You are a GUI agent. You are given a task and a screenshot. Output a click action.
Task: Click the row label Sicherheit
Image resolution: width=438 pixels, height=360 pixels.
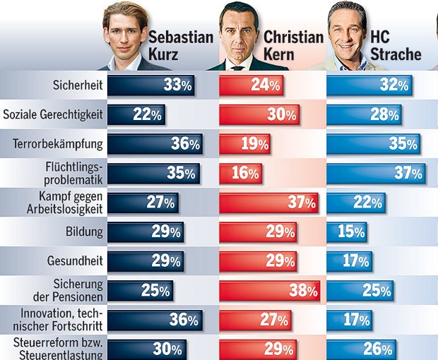78,85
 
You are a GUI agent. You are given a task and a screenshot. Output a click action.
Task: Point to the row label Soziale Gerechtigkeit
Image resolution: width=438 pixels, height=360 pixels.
54,114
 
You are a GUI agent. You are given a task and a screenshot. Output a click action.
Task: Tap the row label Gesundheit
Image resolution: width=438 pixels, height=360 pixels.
77,260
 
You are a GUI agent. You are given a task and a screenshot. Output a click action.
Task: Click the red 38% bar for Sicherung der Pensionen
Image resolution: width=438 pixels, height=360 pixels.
268,290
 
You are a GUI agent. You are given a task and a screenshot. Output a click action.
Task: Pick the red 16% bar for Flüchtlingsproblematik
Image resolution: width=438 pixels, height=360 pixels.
240,173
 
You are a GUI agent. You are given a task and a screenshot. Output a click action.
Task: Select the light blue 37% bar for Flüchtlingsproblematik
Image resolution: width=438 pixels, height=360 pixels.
375,173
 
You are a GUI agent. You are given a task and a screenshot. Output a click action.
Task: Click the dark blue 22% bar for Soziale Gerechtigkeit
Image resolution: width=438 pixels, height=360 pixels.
136,114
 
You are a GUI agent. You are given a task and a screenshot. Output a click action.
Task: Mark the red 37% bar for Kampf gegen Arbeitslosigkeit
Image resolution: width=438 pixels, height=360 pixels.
268,203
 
